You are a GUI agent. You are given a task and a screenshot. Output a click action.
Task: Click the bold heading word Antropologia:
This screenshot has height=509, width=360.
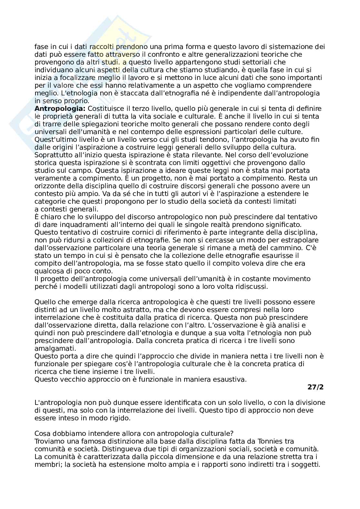(x=60, y=109)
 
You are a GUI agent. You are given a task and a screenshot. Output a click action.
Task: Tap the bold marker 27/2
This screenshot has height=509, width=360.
(x=315, y=387)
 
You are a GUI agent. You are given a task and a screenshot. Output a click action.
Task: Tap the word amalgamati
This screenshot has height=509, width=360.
(x=55, y=348)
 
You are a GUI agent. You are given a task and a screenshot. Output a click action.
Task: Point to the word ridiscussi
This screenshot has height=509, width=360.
(x=252, y=287)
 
